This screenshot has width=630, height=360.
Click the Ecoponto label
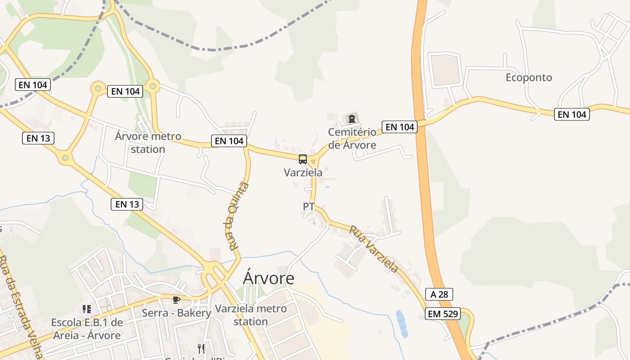point(529,77)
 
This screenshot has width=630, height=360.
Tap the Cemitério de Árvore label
point(352,139)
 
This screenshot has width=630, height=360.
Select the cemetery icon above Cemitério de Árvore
point(352,119)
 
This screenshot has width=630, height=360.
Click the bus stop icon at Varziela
point(303,159)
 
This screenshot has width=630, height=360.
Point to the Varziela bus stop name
point(303,172)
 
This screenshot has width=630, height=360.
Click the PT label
point(309,207)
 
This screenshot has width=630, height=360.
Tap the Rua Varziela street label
point(374,249)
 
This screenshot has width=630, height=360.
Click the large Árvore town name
point(269,278)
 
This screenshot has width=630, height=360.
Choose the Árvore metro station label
point(148,142)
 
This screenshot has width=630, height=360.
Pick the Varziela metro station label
point(251,315)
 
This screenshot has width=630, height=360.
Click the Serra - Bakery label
point(176,313)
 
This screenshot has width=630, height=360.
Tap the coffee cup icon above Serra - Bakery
point(176,300)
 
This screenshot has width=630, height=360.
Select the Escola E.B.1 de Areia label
point(87,329)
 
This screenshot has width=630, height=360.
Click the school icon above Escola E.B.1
point(87,309)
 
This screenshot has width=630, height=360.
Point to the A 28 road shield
point(439,294)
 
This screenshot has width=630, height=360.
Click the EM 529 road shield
point(443,314)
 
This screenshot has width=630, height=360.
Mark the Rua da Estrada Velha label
point(20,306)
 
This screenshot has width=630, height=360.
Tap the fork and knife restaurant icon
point(201,348)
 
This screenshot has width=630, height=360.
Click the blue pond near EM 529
point(401,324)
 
